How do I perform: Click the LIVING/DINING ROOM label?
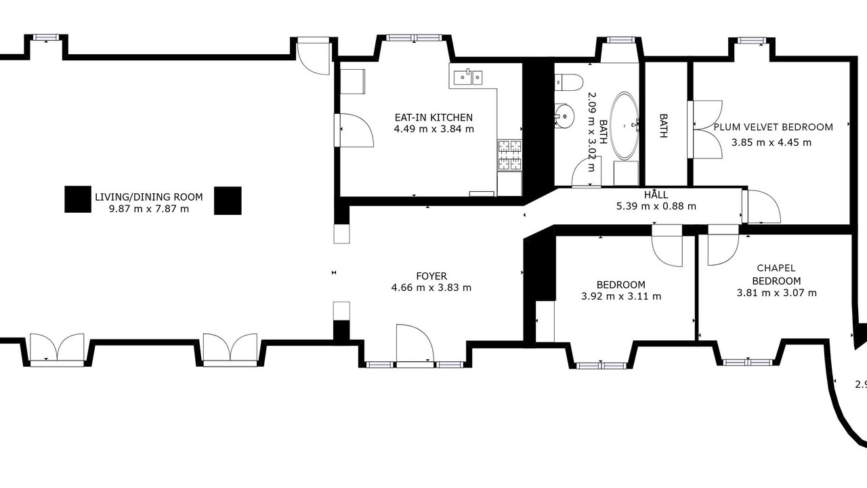[x=149, y=197]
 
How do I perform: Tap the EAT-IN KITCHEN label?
[x=433, y=117]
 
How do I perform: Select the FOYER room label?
[x=431, y=276]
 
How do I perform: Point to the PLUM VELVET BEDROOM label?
[x=774, y=127]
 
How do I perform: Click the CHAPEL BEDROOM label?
[x=776, y=274]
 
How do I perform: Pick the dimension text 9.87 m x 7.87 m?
[x=149, y=209]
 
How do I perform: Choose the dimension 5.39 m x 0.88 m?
[x=656, y=206]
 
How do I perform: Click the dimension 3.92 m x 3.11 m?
[x=621, y=296]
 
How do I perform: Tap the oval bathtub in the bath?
[x=624, y=125]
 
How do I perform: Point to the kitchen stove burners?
[x=510, y=155]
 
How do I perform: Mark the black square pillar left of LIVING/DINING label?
[x=78, y=199]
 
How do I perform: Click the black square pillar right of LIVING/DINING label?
[x=228, y=201]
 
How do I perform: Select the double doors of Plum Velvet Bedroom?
[x=705, y=129]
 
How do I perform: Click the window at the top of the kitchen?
[x=413, y=37]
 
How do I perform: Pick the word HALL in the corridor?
[x=656, y=195]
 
